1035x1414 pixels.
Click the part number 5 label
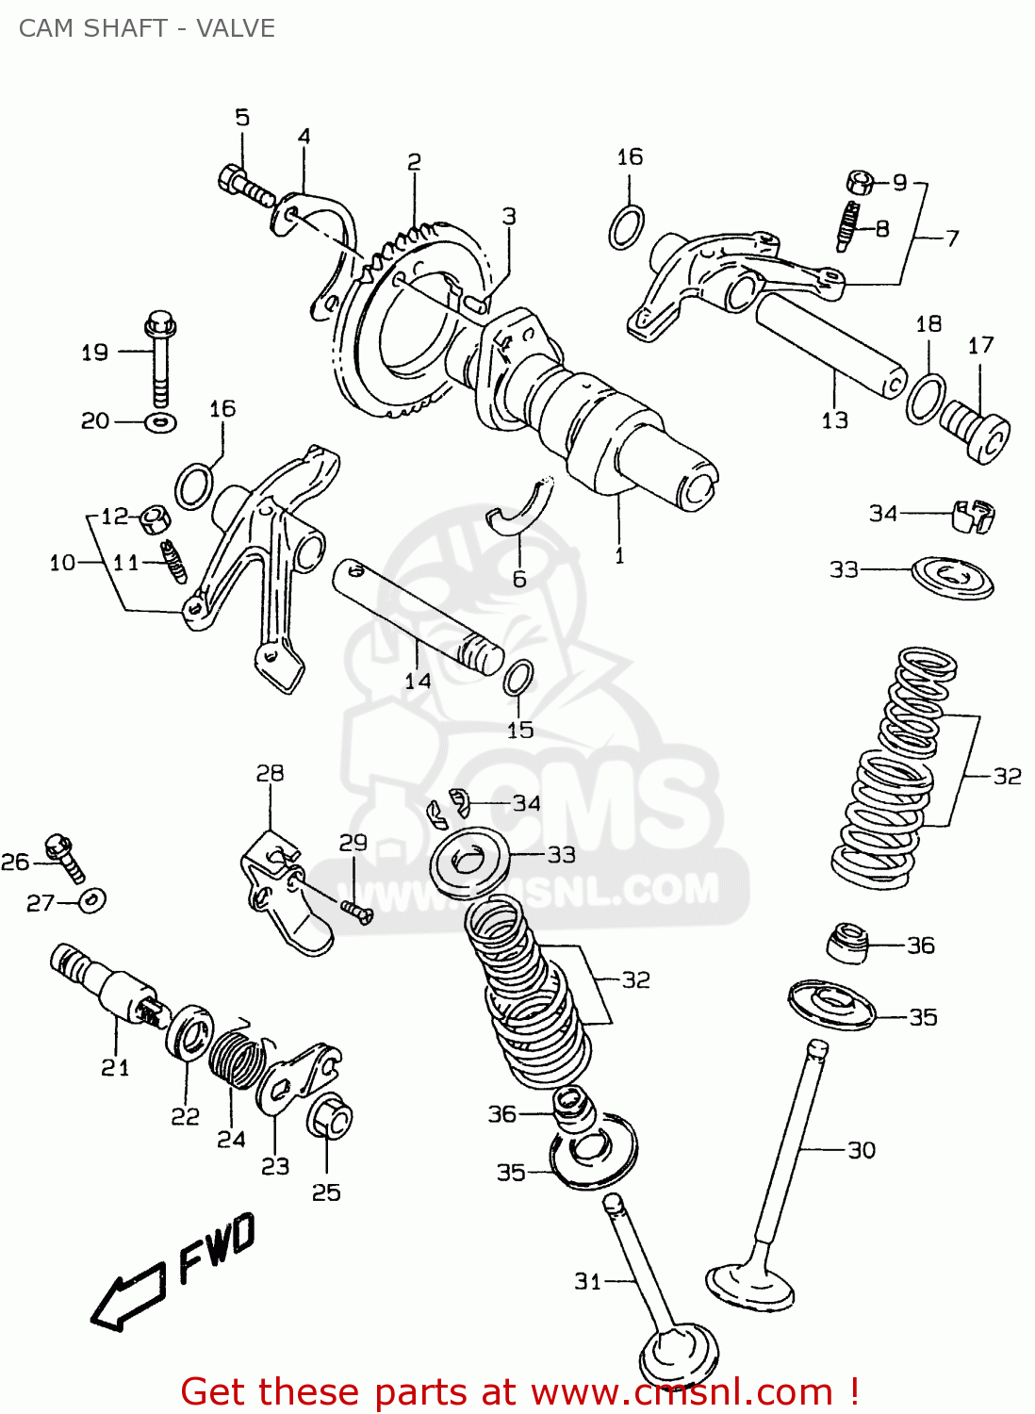[242, 118]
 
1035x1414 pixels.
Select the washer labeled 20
[161, 421]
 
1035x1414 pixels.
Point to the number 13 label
[834, 420]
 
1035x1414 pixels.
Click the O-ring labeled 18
[927, 398]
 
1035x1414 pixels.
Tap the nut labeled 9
[859, 181]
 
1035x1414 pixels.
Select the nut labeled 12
[155, 518]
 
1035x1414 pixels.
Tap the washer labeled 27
[92, 900]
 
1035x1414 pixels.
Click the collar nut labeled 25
[329, 1120]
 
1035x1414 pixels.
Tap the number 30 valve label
[862, 1150]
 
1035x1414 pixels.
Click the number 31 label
[587, 1281]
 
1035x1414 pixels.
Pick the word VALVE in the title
[236, 28]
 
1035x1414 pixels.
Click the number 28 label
[270, 773]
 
